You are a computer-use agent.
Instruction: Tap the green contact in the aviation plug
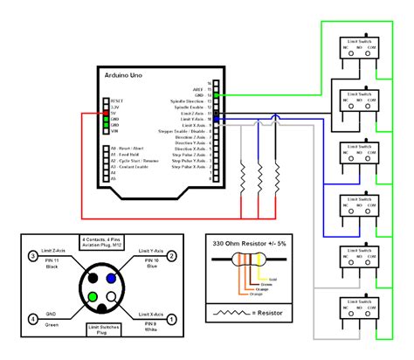[x=93, y=297]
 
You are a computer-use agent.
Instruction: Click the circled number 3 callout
[x=33, y=256]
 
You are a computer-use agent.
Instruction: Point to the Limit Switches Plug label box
[x=103, y=330]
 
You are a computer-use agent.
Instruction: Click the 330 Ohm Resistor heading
[x=248, y=244]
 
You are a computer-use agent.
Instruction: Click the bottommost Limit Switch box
[x=357, y=312]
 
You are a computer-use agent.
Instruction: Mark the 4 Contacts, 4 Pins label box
[x=103, y=242]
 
